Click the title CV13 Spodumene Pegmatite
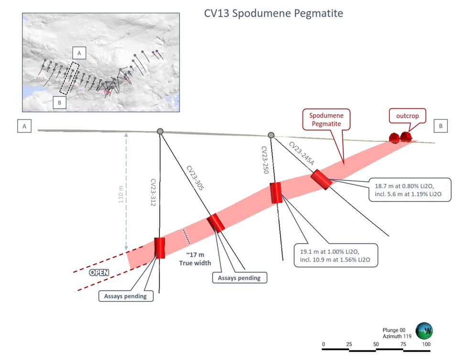pos(273,13)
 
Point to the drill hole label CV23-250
pos(264,160)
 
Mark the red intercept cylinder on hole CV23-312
pos(159,248)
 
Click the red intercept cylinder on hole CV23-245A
pos(321,180)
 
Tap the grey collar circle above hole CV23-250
pos(271,135)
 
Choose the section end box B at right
pos(441,126)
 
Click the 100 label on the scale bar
pos(426,344)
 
